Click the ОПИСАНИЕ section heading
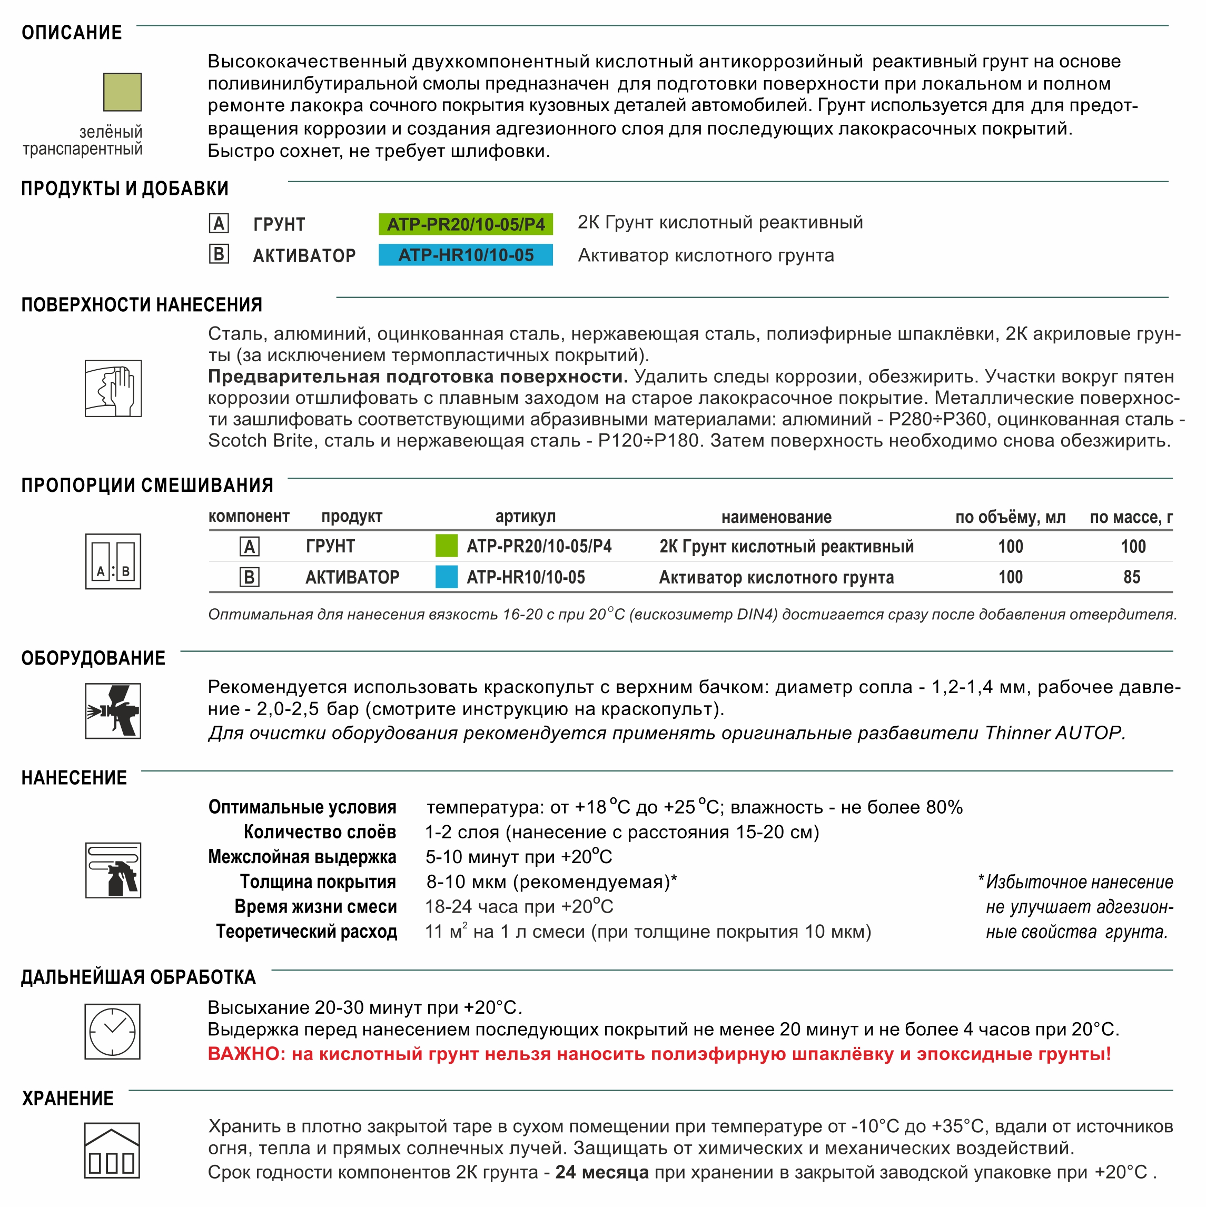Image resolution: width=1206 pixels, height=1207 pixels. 72,33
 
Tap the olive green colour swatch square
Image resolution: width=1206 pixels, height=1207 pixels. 123,92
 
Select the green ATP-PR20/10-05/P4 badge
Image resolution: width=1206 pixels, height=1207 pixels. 466,224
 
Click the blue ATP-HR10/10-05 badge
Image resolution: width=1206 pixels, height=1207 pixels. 466,255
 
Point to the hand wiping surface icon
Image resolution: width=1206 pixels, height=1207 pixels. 113,388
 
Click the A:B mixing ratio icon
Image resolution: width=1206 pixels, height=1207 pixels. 113,561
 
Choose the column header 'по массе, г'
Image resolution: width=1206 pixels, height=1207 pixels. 1131,517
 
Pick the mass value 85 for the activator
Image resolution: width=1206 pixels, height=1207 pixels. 1132,577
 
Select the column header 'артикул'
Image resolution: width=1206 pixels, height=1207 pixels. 526,517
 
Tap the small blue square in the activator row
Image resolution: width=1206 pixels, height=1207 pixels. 446,577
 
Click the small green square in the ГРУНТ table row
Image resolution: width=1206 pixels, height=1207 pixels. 446,546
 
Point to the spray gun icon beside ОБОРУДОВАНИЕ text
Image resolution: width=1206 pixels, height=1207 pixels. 113,711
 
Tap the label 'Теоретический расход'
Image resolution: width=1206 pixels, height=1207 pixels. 306,932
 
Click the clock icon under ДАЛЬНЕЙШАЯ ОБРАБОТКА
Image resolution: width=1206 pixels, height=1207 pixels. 113,1032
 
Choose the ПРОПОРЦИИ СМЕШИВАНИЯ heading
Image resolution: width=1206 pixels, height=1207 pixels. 147,485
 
